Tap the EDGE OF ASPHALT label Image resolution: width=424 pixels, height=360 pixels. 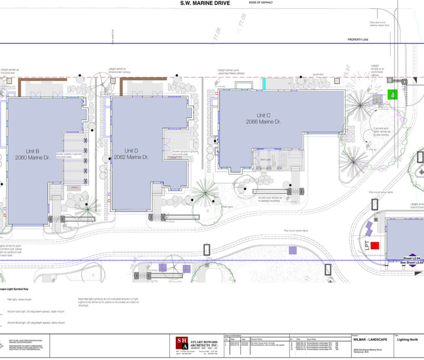coord(261,3)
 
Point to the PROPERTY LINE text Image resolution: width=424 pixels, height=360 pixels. coord(360,40)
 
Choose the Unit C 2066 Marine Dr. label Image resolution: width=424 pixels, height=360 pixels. coord(264,118)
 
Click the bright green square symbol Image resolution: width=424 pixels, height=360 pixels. coord(392,94)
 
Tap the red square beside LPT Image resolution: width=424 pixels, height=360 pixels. coord(374,245)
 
